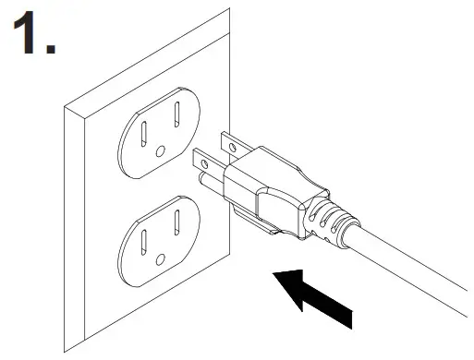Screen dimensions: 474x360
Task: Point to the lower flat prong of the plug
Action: pos(209,163)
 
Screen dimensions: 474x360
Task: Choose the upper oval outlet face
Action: pos(160,136)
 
